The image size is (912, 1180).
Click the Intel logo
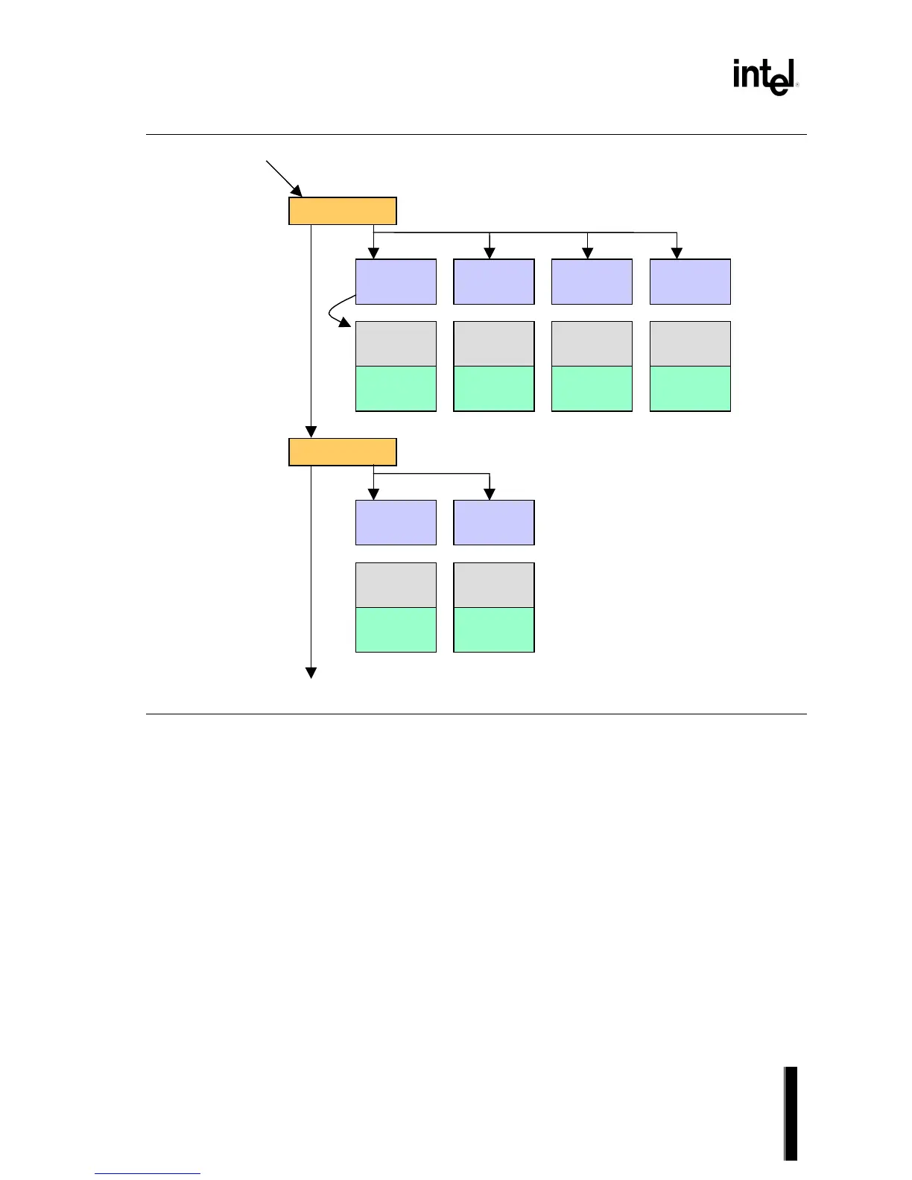pyautogui.click(x=764, y=77)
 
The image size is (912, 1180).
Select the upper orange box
pyautogui.click(x=342, y=211)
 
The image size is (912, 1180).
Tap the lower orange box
pyautogui.click(x=342, y=452)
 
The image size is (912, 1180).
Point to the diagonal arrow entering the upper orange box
pyautogui.click(x=284, y=177)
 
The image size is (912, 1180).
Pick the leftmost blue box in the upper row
pyautogui.click(x=396, y=282)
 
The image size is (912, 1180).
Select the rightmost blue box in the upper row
pyautogui.click(x=690, y=282)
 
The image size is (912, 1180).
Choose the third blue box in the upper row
pyautogui.click(x=592, y=282)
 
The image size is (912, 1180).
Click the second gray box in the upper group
pyautogui.click(x=494, y=343)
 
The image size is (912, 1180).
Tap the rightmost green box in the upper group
pyautogui.click(x=690, y=388)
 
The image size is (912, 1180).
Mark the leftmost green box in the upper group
pyautogui.click(x=396, y=388)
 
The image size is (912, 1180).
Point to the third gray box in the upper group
pyautogui.click(x=592, y=343)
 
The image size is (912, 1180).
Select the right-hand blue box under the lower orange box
pyautogui.click(x=494, y=522)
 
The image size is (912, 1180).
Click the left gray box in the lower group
pyautogui.click(x=396, y=585)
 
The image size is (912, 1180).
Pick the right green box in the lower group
pyautogui.click(x=494, y=629)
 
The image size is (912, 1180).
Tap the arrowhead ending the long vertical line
pyautogui.click(x=311, y=673)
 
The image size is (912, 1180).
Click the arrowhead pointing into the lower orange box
pyautogui.click(x=311, y=432)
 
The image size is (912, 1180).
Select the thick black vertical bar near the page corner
pyautogui.click(x=790, y=1113)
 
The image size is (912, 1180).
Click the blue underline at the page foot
pyautogui.click(x=148, y=1173)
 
